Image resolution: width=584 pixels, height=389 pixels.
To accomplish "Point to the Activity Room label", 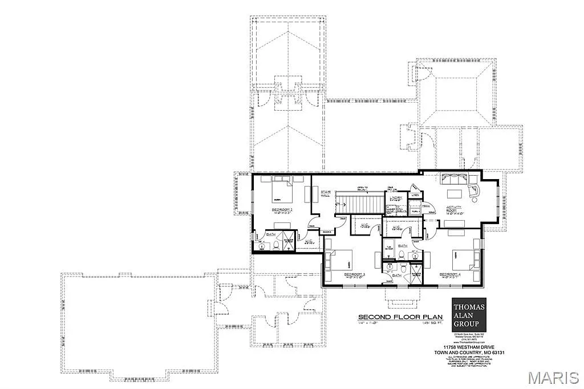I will tap(454, 209).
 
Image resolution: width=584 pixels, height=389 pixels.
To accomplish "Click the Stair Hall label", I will tap(326, 194).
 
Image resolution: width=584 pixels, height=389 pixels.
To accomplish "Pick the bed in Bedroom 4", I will tap(463, 260).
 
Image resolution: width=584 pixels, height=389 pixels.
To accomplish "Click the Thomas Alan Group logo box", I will tap(468, 314).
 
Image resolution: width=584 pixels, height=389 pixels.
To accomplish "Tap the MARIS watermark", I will tap(553, 378).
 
